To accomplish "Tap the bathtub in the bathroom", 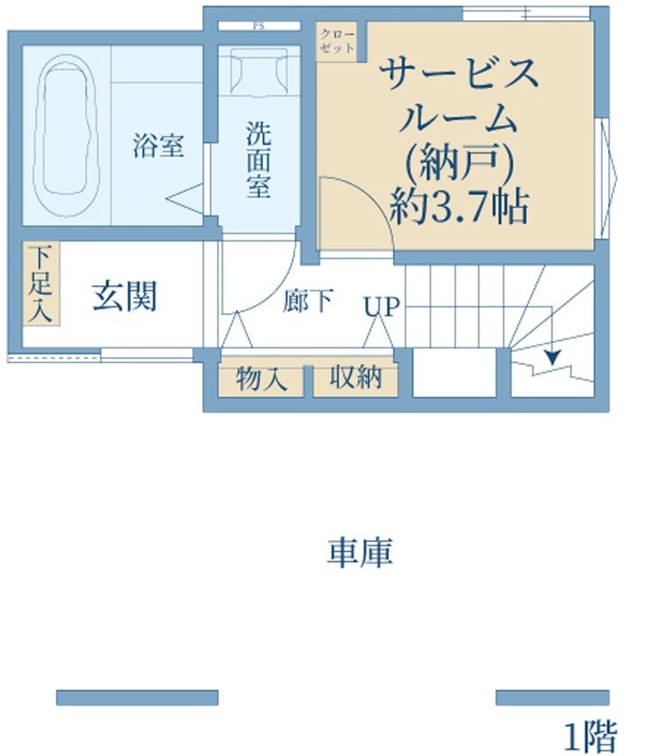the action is click(x=66, y=135).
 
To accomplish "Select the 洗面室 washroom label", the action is click(x=259, y=160).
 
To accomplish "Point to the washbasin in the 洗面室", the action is click(x=259, y=70).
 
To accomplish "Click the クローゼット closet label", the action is click(x=337, y=41).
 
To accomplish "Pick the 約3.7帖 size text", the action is click(x=460, y=206).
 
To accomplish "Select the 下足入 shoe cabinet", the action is click(x=41, y=283).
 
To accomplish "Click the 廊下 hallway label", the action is click(x=308, y=300).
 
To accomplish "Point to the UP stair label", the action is click(x=382, y=306).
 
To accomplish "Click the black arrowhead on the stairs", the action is click(x=552, y=357).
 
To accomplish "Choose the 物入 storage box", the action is click(x=261, y=380).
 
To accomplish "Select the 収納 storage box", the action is click(x=356, y=380).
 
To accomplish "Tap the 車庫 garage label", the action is click(x=360, y=552).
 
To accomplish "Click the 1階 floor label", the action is click(x=591, y=736).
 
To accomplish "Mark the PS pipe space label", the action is click(x=259, y=26).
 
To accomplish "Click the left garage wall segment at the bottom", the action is click(x=138, y=697).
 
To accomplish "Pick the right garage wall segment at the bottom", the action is click(x=553, y=697).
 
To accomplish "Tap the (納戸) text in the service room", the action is click(x=460, y=162).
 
